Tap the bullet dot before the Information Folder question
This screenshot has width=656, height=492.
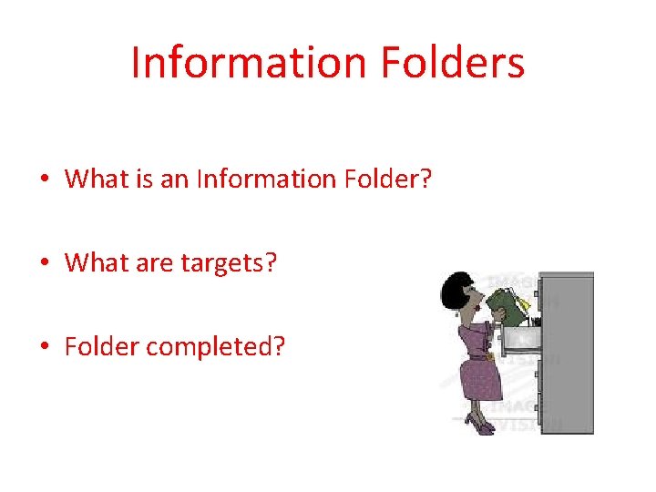pos(45,179)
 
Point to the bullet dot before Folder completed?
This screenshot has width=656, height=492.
pos(45,347)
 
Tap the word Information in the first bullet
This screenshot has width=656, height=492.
pos(265,179)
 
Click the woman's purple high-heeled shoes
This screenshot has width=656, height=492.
pos(477,422)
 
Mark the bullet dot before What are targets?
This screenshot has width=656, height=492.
pos(45,264)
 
